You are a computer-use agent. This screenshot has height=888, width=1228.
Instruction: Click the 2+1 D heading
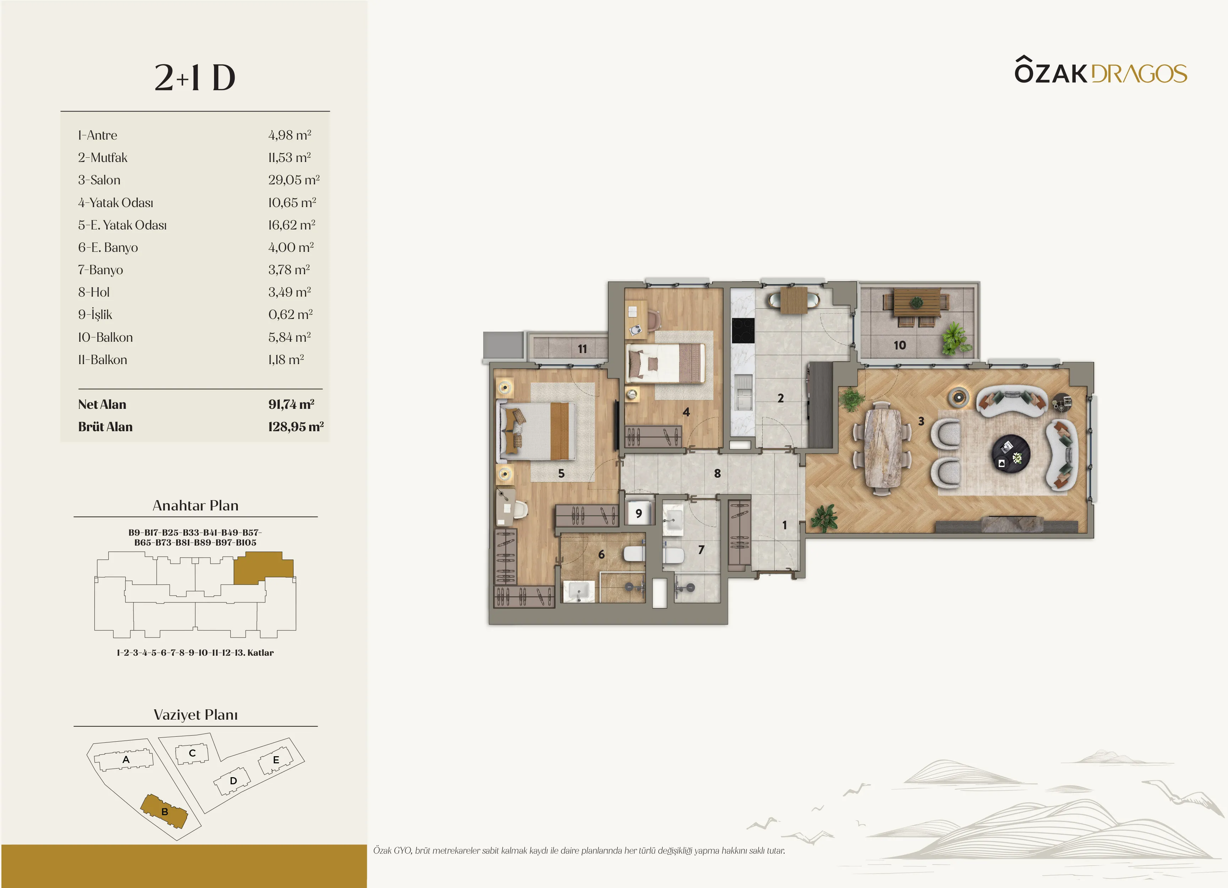coord(195,77)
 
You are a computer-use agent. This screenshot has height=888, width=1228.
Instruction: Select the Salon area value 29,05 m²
coord(294,180)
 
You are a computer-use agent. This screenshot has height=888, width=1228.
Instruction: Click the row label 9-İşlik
coord(95,314)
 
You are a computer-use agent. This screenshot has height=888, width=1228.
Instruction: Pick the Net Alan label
coord(102,404)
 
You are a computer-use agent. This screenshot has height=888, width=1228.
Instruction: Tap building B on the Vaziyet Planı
coord(164,811)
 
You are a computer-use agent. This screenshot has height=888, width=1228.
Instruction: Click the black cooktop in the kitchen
coord(743,330)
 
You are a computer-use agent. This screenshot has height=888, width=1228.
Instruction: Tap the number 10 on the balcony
coord(899,345)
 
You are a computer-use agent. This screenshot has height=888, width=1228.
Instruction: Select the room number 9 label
coord(639,513)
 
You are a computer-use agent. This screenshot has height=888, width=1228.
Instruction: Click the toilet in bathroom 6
coord(634,554)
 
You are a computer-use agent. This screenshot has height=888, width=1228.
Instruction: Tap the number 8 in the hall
coord(717,473)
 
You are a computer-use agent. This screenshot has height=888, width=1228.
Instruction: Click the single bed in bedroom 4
coord(666,363)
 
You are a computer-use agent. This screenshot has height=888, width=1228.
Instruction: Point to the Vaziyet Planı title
coord(196,715)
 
